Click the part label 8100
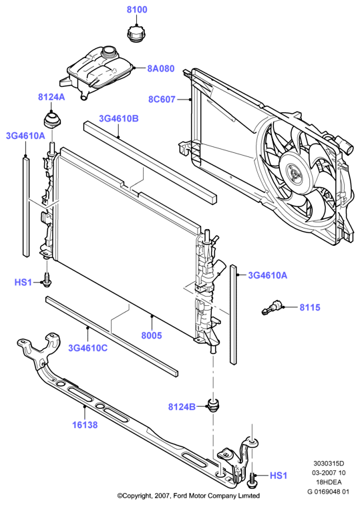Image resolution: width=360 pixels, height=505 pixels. [x=137, y=9]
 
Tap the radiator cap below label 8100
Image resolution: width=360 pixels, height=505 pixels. [x=137, y=34]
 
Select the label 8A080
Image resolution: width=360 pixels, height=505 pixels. [x=161, y=69]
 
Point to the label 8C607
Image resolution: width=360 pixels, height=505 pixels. [x=162, y=99]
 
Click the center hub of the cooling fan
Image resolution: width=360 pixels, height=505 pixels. [x=294, y=173]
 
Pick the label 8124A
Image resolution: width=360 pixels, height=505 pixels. [x=51, y=97]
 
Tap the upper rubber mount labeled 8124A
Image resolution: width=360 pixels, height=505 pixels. [x=53, y=120]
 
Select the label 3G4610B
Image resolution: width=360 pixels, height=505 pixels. [x=118, y=118]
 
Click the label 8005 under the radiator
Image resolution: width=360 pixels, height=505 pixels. [x=152, y=335]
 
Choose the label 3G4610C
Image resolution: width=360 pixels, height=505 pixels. [x=87, y=348]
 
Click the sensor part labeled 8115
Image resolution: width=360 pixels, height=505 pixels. [x=271, y=307]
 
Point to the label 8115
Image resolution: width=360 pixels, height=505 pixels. [x=310, y=307]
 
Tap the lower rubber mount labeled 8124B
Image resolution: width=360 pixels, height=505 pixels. [x=213, y=405]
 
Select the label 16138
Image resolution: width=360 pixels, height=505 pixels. [x=85, y=425]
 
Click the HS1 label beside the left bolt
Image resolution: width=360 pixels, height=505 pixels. [x=23, y=283]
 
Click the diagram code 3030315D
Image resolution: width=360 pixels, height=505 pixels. [x=329, y=464]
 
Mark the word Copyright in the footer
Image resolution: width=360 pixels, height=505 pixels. [x=138, y=496]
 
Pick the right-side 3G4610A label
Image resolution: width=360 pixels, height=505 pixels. [x=268, y=275]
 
